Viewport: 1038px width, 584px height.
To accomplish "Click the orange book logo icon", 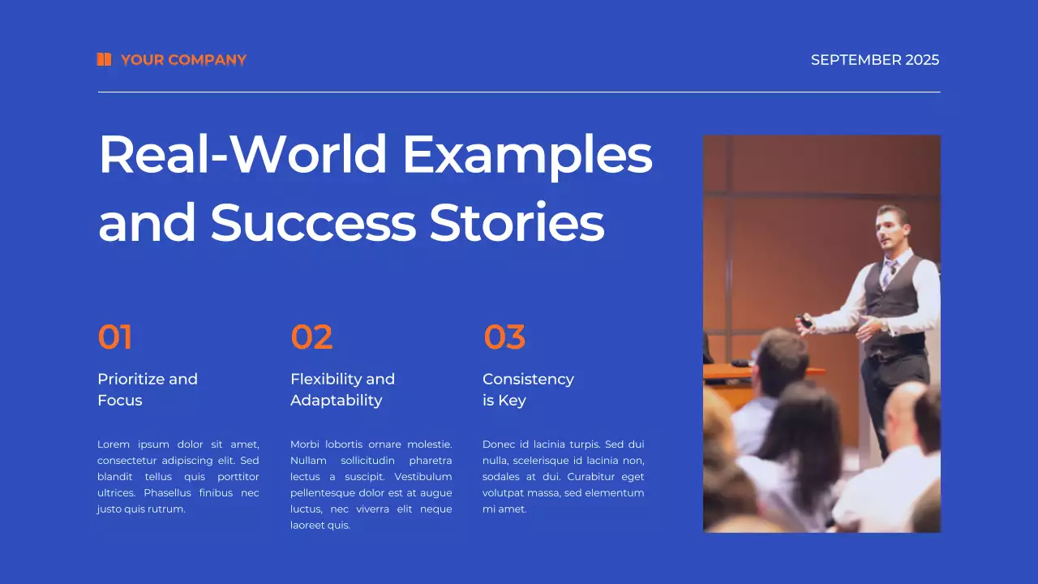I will click(x=104, y=59).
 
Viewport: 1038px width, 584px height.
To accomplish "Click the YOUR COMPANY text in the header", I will click(x=183, y=60).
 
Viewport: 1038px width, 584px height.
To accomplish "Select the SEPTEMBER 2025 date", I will click(x=875, y=60).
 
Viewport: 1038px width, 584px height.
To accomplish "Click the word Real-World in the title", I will click(x=242, y=154).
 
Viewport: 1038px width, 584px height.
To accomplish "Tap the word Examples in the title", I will click(x=527, y=154).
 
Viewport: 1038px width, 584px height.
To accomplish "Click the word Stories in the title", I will click(x=517, y=222).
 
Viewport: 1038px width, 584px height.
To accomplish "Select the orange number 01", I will click(x=115, y=337).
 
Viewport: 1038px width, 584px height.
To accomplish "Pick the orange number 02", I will click(x=311, y=337).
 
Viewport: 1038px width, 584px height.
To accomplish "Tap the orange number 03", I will click(x=504, y=337).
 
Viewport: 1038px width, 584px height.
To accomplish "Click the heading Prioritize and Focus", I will click(x=148, y=389).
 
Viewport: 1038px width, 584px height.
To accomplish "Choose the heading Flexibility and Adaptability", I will click(x=342, y=389).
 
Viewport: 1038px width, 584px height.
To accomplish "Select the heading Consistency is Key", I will click(x=528, y=389).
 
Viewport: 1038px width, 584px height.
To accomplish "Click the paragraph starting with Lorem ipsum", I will click(x=178, y=477).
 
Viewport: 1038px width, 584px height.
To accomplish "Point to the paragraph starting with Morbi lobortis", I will click(x=371, y=485).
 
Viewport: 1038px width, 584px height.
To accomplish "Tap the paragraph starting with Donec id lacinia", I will click(x=563, y=477).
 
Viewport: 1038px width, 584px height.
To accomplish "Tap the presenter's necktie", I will click(x=889, y=271).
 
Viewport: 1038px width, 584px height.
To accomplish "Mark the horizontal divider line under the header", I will click(x=519, y=92).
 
